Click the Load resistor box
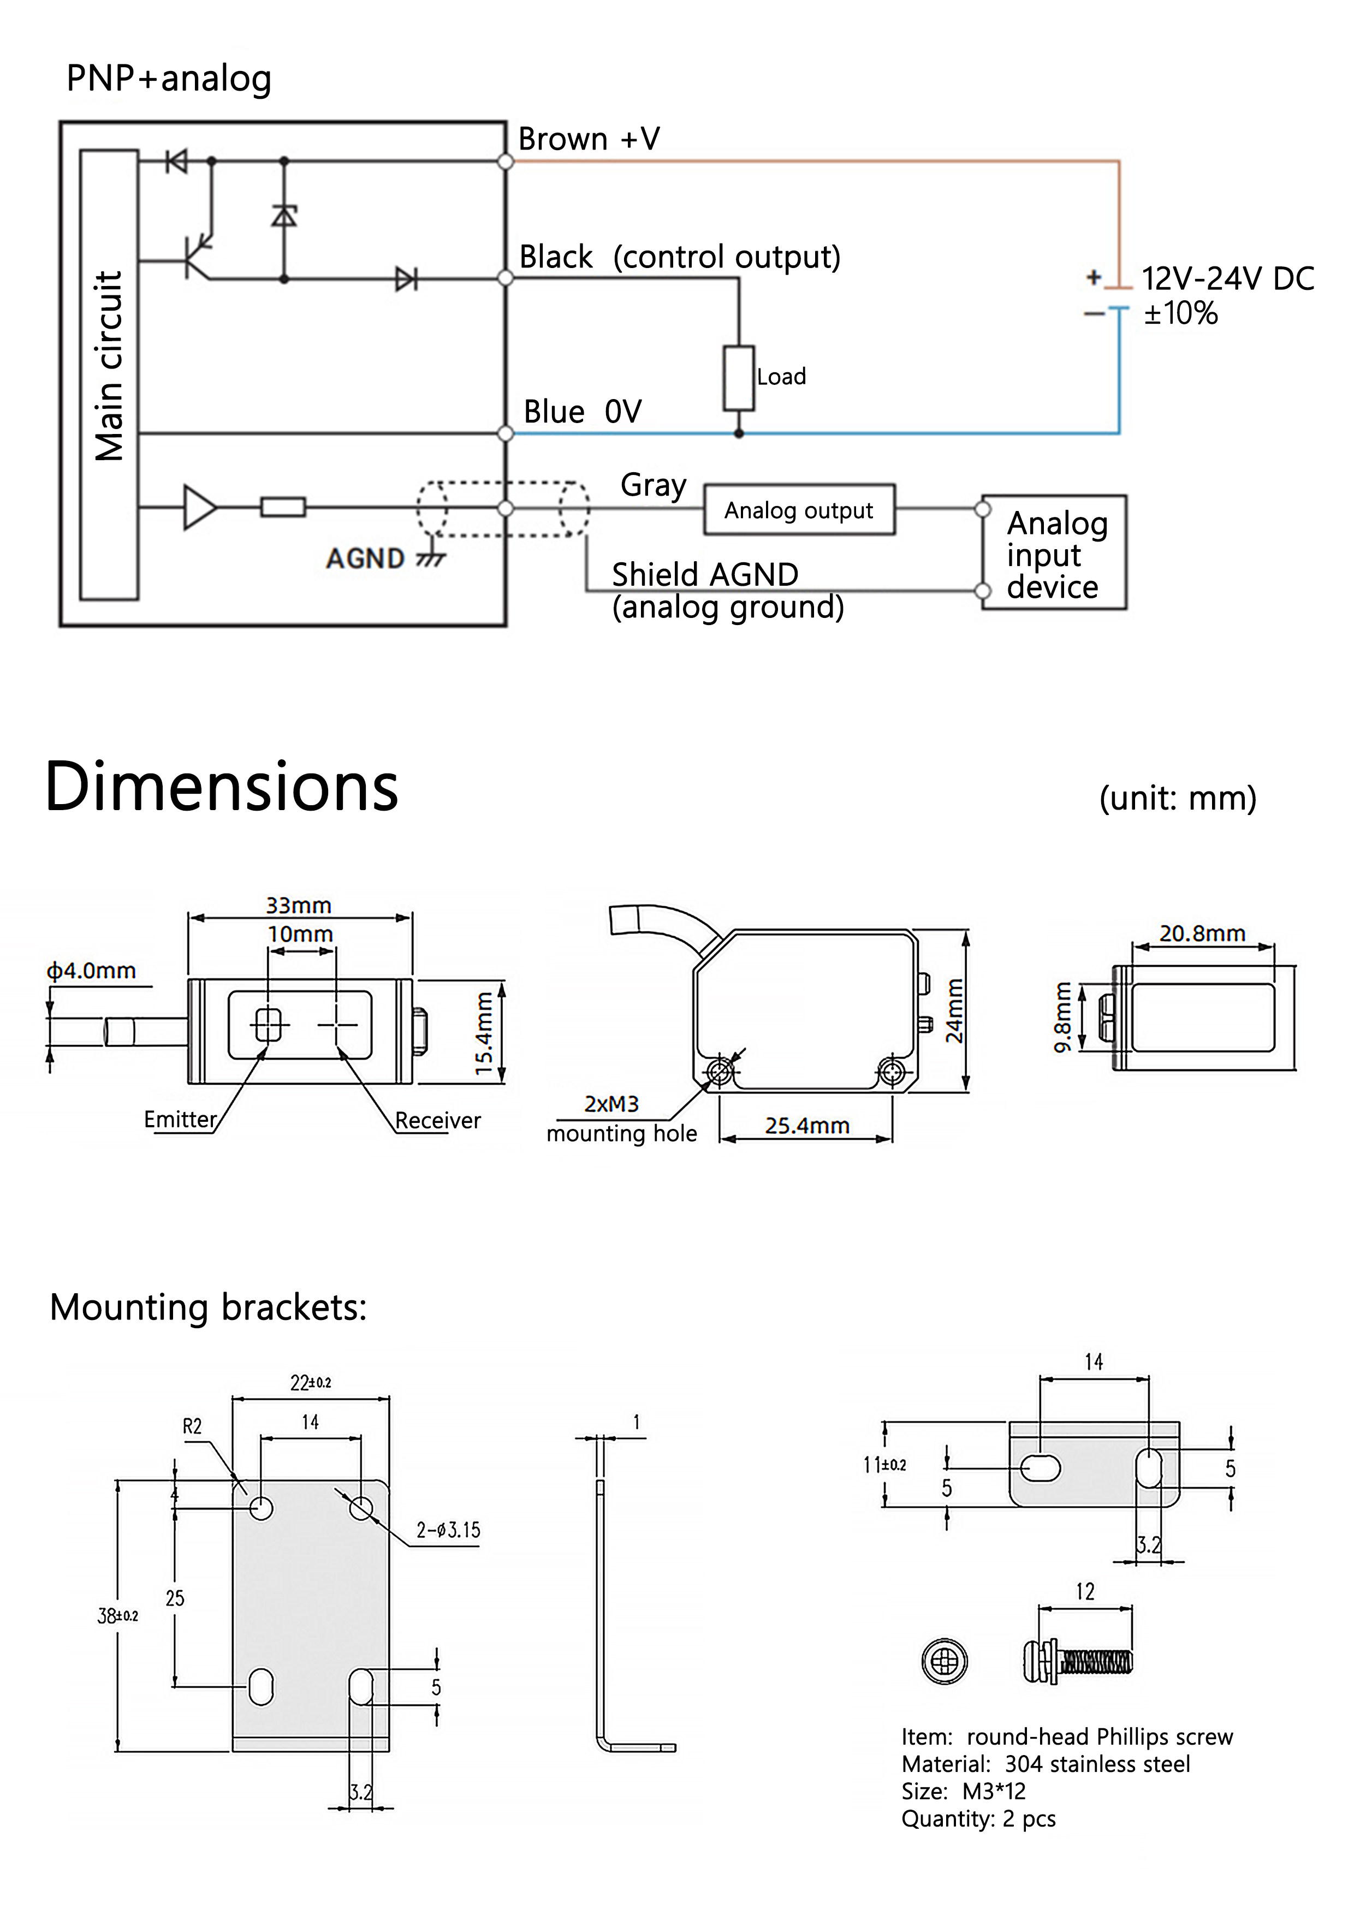click(x=738, y=378)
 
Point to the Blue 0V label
click(x=581, y=411)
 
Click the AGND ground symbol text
click(x=365, y=558)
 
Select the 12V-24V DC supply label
click(x=1226, y=278)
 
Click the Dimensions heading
click(x=221, y=787)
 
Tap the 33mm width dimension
click(x=299, y=905)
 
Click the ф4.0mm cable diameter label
click(x=91, y=970)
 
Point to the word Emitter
click(x=180, y=1119)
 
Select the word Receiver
click(x=437, y=1120)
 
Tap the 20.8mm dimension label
click(x=1201, y=933)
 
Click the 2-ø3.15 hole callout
click(x=448, y=1530)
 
